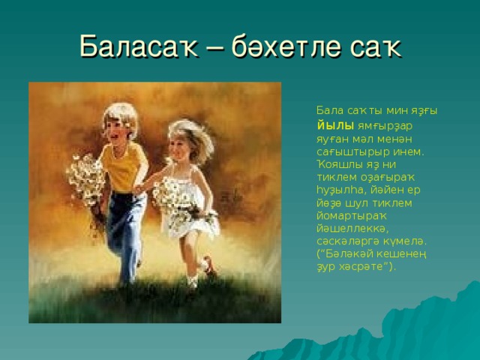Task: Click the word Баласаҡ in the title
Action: click(139, 46)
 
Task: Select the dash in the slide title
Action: click(215, 48)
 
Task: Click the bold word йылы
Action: click(335, 126)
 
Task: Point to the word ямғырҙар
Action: click(385, 127)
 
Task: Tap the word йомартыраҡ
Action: click(352, 216)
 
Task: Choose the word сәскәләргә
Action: click(345, 241)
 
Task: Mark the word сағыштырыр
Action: click(353, 152)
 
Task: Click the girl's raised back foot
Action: click(209, 265)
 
